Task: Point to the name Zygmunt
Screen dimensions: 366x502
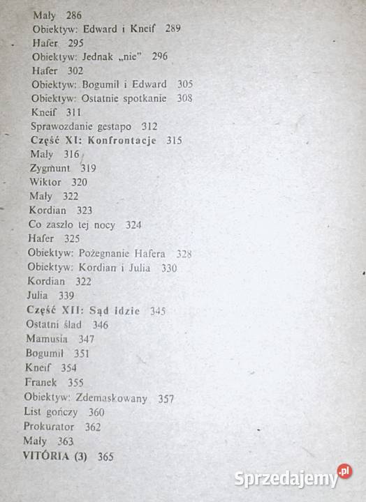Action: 53,168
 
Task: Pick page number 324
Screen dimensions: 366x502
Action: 133,225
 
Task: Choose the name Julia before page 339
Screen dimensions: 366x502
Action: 37,296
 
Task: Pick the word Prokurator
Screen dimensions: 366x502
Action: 50,427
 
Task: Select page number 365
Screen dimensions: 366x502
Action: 105,457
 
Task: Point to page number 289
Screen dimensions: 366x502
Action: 173,29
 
